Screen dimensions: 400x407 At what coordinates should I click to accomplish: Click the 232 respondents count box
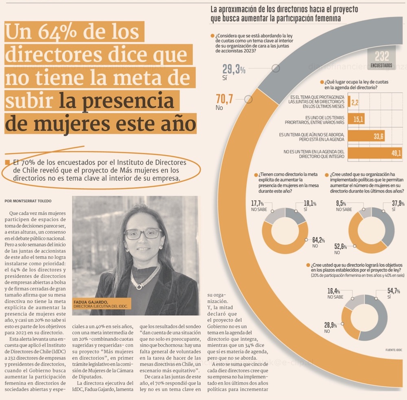pyautogui.click(x=382, y=59)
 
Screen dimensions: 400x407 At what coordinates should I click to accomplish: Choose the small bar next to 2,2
pyautogui.click(x=349, y=102)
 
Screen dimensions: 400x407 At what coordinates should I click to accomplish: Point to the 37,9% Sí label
pyautogui.click(x=398, y=206)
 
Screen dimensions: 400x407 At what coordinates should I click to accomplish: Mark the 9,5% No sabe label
pyautogui.click(x=344, y=206)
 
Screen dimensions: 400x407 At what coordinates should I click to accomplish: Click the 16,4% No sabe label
pyautogui.click(x=335, y=294)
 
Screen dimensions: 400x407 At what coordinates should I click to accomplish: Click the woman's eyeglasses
pyautogui.click(x=143, y=234)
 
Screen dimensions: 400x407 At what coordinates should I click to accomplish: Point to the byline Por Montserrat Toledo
pyautogui.click(x=28, y=201)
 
